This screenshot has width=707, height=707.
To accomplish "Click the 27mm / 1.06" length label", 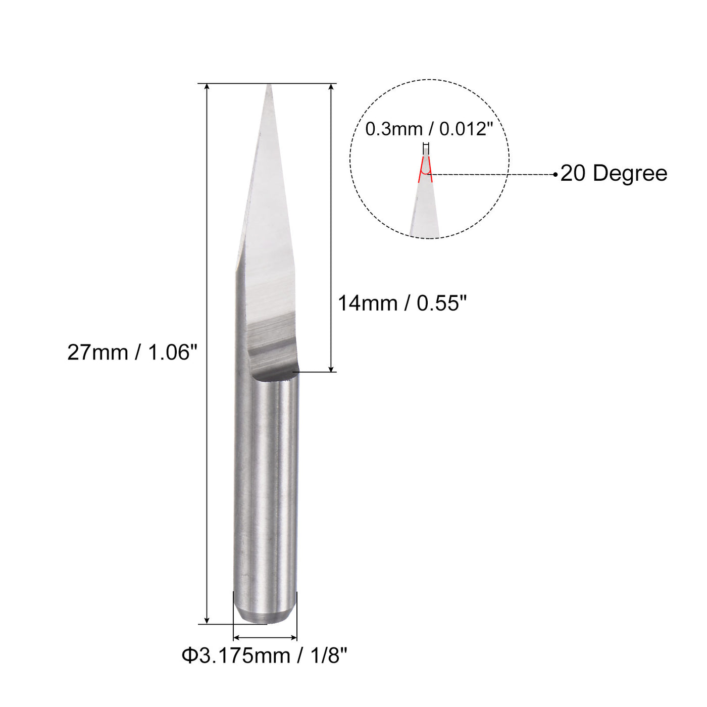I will pyautogui.click(x=132, y=352).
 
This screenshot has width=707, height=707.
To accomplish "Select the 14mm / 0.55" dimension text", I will pyautogui.click(x=402, y=304).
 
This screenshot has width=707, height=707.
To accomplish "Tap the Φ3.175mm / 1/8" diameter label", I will pyautogui.click(x=265, y=656).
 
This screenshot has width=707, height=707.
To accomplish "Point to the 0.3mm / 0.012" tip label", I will pyautogui.click(x=429, y=129).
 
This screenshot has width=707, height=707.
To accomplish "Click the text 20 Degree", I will pyautogui.click(x=614, y=173).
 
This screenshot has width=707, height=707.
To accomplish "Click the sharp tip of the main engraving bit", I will pyautogui.click(x=269, y=86).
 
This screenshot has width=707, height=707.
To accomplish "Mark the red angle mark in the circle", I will pyautogui.click(x=426, y=170).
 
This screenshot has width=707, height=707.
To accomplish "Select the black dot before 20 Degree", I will pyautogui.click(x=555, y=175).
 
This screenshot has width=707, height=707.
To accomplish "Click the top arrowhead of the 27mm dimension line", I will pyautogui.click(x=207, y=87).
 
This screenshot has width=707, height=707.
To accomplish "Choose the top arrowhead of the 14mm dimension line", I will pyautogui.click(x=331, y=87).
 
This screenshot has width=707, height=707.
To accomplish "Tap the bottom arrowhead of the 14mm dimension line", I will pyautogui.click(x=331, y=369).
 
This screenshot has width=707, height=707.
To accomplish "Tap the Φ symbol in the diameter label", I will pyautogui.click(x=189, y=656).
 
